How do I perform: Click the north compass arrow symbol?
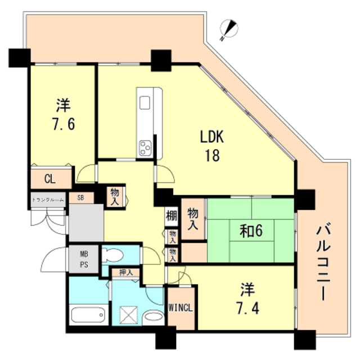227,29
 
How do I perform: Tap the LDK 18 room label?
211,145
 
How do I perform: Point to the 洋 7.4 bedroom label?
247,299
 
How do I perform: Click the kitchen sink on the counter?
145,103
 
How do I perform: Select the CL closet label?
49,179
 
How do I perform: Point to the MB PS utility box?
83,259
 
